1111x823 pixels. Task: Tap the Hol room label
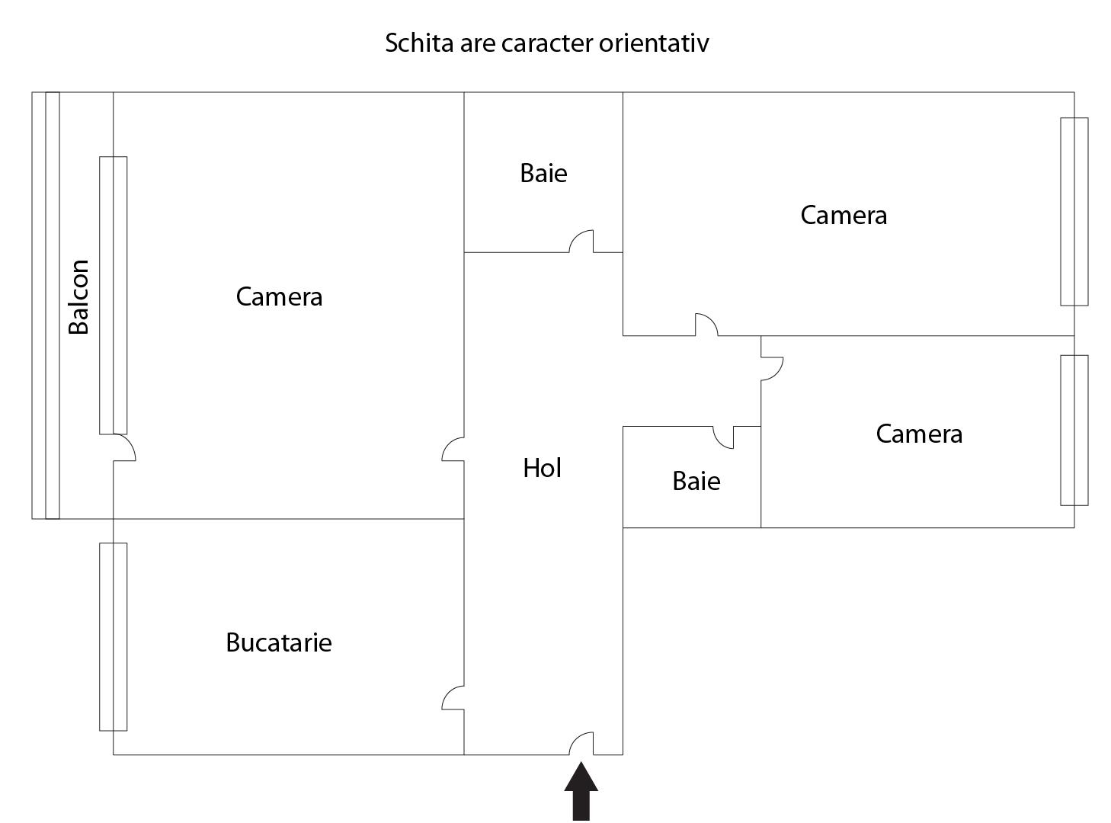542,468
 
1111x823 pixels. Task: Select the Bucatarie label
278,642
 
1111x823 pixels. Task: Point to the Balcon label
78,296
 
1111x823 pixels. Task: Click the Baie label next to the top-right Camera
543,173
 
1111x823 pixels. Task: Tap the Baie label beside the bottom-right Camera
696,481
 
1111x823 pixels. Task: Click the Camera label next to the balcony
279,296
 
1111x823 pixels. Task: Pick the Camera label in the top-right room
844,216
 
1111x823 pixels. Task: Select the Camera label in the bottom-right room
919,434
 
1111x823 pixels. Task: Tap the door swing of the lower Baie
718,443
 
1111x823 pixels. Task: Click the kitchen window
114,636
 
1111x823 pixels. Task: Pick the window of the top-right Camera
1074,211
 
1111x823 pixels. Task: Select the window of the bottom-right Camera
1074,431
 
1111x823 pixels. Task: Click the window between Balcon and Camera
114,296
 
